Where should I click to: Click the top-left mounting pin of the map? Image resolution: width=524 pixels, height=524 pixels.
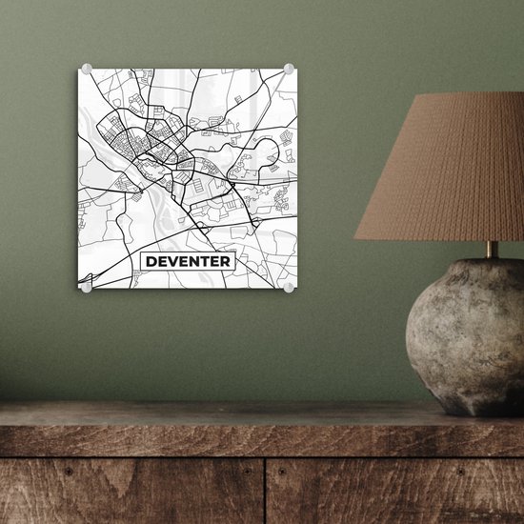coord(85,68)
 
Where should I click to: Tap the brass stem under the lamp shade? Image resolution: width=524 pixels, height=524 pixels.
coord(491,249)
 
